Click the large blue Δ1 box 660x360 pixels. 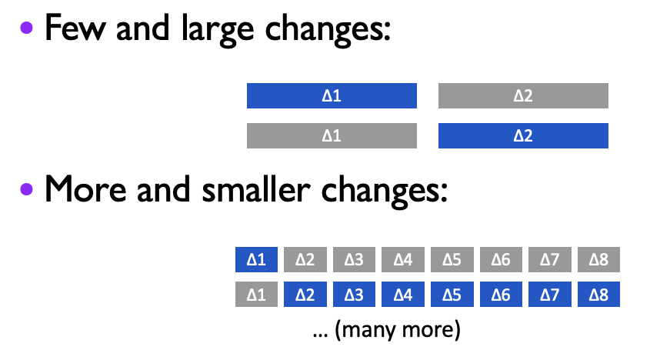(332, 95)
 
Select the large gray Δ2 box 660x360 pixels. (523, 95)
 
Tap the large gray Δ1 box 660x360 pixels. (332, 135)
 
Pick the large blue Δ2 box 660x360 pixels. (523, 135)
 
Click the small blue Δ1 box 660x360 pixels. (256, 259)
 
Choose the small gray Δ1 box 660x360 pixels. (256, 295)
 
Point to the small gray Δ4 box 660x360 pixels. (403, 259)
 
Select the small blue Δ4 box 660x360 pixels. (403, 295)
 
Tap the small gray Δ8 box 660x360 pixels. (598, 259)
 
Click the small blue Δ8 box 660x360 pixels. (598, 295)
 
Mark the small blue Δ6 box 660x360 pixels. (501, 295)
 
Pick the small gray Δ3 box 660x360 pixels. (354, 259)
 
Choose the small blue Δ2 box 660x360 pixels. (305, 295)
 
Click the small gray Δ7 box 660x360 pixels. (550, 259)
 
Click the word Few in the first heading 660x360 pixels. (75, 28)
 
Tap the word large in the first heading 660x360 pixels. (218, 30)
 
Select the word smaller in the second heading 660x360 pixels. (256, 189)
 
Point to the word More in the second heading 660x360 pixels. (85, 189)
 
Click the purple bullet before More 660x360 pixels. (26, 189)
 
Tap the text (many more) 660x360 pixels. (398, 330)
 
